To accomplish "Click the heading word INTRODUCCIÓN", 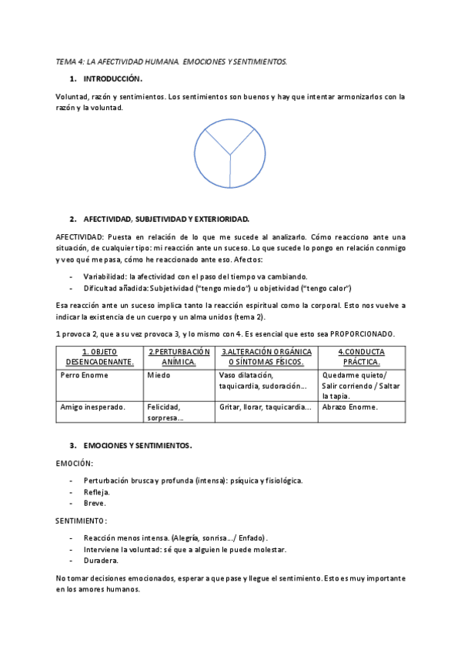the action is tap(113, 79).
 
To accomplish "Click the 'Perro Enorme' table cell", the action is tap(85, 375).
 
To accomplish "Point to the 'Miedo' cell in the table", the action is tap(159, 375).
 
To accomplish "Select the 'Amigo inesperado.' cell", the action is tap(93, 407).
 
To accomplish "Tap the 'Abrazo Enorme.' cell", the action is tap(350, 407).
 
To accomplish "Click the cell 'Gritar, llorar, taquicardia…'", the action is tap(265, 407).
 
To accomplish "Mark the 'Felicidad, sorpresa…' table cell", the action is tap(165, 412).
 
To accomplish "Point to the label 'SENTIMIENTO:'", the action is tap(82, 521).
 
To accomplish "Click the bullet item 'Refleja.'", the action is tap(97, 491).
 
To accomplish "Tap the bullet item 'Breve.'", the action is tap(95, 503).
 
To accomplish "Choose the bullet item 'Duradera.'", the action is tap(100, 561).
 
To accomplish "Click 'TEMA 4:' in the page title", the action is tap(70, 60).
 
